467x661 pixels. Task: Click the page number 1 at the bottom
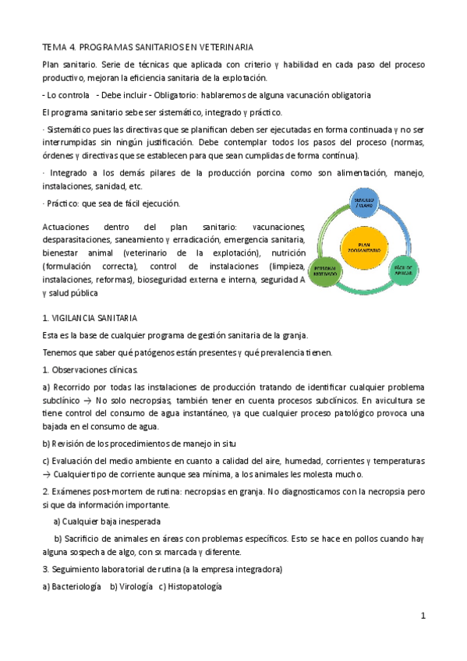(x=422, y=616)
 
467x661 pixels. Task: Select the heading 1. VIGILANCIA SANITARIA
(x=90, y=318)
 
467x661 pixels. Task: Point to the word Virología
(x=131, y=585)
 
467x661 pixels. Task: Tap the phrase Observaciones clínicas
(x=94, y=369)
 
